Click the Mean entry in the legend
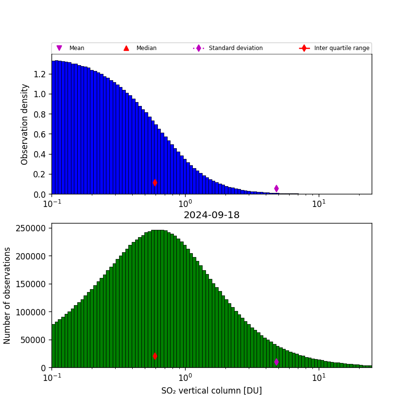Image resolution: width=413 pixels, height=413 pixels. tap(76, 48)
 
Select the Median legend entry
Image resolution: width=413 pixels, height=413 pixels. tap(146, 48)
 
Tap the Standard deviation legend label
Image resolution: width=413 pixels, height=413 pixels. tap(236, 48)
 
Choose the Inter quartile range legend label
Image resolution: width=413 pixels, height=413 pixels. tap(342, 48)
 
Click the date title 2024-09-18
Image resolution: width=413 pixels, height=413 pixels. tap(211, 215)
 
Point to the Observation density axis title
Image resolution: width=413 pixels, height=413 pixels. tap(25, 124)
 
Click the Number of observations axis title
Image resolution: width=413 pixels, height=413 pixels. tap(7, 295)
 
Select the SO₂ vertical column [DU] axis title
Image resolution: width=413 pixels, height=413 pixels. tap(211, 391)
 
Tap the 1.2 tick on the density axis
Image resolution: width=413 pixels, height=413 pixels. tap(40, 74)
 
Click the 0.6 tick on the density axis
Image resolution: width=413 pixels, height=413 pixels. tap(40, 134)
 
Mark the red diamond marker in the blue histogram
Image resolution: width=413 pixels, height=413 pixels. tap(155, 183)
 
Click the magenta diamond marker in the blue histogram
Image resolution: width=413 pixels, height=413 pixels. tap(276, 189)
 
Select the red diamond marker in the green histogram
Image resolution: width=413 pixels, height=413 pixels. tap(155, 356)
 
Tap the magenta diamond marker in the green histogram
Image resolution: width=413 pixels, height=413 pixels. tap(276, 362)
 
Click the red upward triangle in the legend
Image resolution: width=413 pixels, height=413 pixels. tap(126, 48)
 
